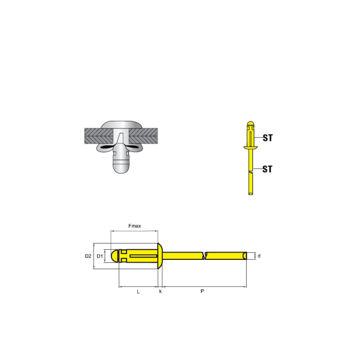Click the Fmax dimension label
135,226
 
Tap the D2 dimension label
88,256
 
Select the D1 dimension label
100,256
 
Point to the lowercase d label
259,256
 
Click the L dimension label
138,292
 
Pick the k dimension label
160,291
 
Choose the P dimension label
202,291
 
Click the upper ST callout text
268,138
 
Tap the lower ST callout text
267,169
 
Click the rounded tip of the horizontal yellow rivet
115,256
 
